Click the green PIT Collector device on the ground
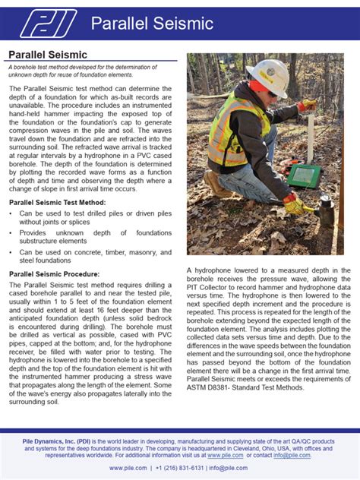point(304,176)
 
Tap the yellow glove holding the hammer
point(294,204)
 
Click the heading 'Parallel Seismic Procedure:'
point(54,273)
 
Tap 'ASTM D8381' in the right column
point(210,387)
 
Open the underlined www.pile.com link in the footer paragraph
point(225,455)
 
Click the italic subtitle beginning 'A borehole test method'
point(81,71)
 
